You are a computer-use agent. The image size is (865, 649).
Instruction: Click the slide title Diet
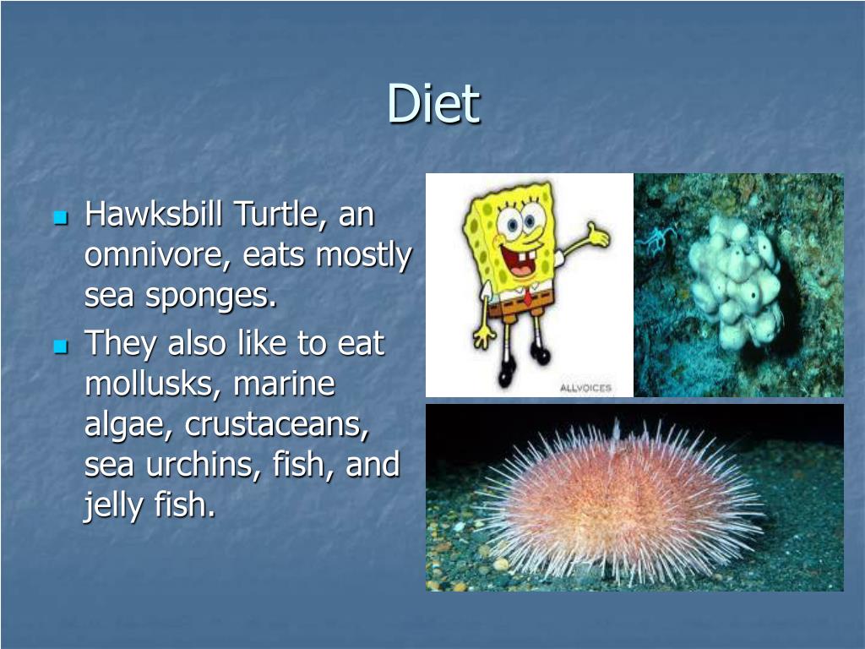[x=433, y=104]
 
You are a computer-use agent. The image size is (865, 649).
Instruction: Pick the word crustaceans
[x=277, y=425]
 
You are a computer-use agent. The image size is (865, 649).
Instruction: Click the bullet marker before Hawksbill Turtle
[x=59, y=217]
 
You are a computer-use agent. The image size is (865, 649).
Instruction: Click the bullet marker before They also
[x=59, y=346]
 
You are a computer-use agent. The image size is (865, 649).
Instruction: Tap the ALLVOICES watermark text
[x=585, y=388]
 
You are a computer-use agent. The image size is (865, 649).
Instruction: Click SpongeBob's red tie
[x=527, y=297]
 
